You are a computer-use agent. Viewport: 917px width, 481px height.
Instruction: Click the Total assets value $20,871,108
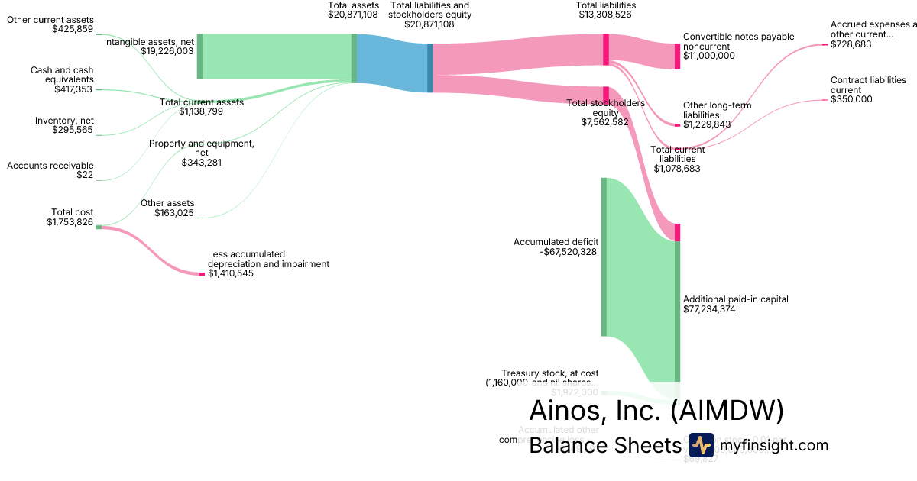tap(352, 15)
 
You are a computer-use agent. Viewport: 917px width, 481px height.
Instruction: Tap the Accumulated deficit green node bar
tap(604, 257)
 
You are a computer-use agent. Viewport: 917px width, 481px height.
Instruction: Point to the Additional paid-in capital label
tap(735, 299)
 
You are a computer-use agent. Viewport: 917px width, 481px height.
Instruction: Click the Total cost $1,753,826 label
tap(70, 218)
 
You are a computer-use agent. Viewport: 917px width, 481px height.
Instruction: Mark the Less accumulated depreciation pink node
tap(202, 274)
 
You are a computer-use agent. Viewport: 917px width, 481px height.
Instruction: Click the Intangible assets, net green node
tap(200, 56)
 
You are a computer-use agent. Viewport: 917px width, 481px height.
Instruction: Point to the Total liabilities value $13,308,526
tap(605, 15)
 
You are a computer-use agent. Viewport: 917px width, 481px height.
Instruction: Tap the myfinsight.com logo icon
tap(700, 445)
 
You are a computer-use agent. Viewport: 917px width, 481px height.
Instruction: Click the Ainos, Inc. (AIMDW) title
tap(656, 411)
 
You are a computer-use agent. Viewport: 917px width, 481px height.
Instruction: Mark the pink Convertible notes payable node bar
tap(677, 56)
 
